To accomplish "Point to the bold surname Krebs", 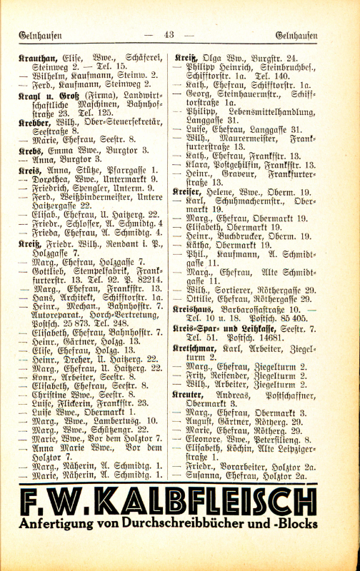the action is tap(31, 151).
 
